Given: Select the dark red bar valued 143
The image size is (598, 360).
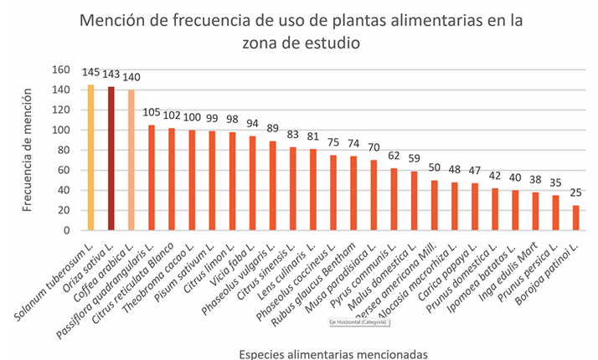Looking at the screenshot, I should (x=111, y=158).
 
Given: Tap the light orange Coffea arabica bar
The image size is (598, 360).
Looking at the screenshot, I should (x=131, y=160).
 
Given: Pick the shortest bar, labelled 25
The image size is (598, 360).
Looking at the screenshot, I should (x=575, y=217).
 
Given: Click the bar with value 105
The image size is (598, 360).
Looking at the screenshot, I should (x=152, y=177).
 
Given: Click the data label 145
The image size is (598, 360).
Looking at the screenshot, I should (x=91, y=75).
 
